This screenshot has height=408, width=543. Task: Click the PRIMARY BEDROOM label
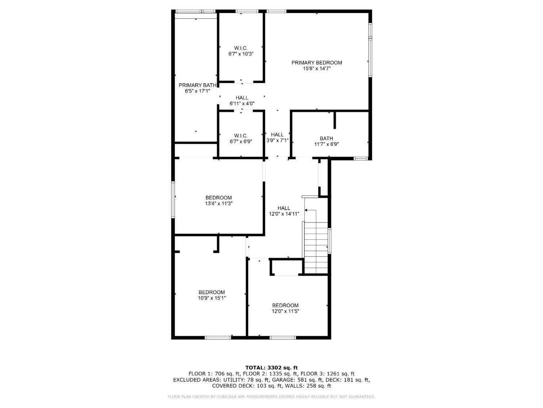(317, 63)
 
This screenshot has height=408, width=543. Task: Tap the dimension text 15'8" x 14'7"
(317, 69)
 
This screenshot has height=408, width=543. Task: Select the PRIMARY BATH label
(197, 85)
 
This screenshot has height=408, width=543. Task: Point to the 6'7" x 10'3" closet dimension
(241, 54)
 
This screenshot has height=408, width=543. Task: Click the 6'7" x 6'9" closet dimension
(241, 141)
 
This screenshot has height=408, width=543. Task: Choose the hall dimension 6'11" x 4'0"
(242, 104)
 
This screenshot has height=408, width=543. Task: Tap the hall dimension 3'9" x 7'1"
(277, 140)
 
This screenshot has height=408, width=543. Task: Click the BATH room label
(326, 139)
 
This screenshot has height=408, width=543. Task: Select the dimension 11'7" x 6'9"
(326, 144)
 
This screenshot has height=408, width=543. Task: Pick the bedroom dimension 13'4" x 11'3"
(218, 204)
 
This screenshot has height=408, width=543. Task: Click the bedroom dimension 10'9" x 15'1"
(212, 298)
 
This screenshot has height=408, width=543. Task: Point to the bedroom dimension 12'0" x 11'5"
(285, 311)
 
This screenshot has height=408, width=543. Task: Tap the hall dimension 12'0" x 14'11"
(284, 214)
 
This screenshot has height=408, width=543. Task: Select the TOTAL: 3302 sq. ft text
(271, 368)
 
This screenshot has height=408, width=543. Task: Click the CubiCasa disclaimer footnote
(271, 396)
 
